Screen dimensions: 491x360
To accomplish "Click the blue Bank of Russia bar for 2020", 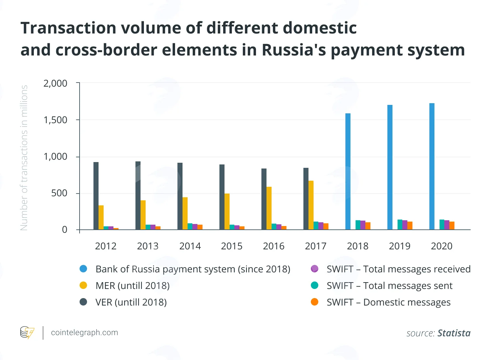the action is click(x=432, y=166).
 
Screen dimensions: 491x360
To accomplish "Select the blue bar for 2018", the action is click(x=348, y=172).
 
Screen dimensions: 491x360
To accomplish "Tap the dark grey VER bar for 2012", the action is click(x=96, y=196).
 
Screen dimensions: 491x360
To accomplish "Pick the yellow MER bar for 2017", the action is click(x=311, y=205).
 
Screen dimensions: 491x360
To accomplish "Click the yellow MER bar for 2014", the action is click(x=185, y=213).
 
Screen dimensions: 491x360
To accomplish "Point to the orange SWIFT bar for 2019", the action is click(x=410, y=226).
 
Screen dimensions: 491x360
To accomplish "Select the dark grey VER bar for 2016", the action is click(x=264, y=199).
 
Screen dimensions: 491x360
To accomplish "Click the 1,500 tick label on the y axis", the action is click(x=55, y=120).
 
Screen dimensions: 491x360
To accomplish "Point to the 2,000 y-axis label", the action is click(x=55, y=84).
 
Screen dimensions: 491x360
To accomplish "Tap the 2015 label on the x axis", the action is click(x=232, y=246).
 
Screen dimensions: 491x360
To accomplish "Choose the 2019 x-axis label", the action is click(x=400, y=246).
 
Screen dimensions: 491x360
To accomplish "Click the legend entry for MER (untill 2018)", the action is click(x=125, y=286).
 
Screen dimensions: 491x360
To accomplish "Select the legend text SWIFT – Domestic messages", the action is click(x=388, y=302).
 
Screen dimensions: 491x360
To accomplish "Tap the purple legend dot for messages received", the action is click(x=315, y=269).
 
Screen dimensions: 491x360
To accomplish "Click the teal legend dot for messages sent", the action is click(x=315, y=285).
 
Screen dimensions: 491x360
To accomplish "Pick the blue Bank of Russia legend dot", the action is click(x=83, y=269).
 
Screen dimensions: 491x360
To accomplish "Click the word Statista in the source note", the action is click(x=454, y=333).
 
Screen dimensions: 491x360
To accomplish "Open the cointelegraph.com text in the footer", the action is click(x=84, y=332).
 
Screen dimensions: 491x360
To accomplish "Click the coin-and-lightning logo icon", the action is click(x=27, y=332).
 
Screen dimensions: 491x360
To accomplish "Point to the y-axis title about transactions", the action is click(x=24, y=158).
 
